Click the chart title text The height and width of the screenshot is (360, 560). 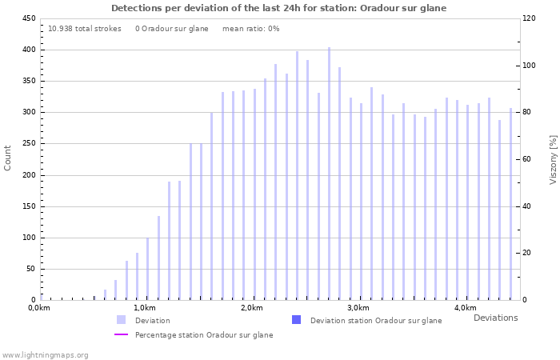pos(278,8)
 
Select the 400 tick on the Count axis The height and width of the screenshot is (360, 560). pos(28,50)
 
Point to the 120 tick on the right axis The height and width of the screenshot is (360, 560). pos(529,18)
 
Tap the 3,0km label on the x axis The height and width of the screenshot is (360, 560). pos(358,308)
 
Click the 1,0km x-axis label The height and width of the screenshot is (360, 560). pos(145,308)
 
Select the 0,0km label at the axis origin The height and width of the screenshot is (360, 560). pos(39,308)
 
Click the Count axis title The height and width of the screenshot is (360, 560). pos(8,158)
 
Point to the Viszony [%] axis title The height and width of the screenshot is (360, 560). pos(552,159)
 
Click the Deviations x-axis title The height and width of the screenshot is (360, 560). pos(495,318)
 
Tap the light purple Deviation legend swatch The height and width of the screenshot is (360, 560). pos(121,320)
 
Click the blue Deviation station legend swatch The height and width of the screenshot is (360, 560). pos(296,320)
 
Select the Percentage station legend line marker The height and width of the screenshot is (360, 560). pos(121,335)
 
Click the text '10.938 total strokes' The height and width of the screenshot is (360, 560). pos(85,28)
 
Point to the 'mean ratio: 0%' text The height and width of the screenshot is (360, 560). pos(250,28)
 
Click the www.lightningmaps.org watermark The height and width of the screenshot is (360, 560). pos(45,354)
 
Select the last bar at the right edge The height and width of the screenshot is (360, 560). pos(510,204)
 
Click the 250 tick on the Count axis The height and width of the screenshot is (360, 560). pos(28,144)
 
